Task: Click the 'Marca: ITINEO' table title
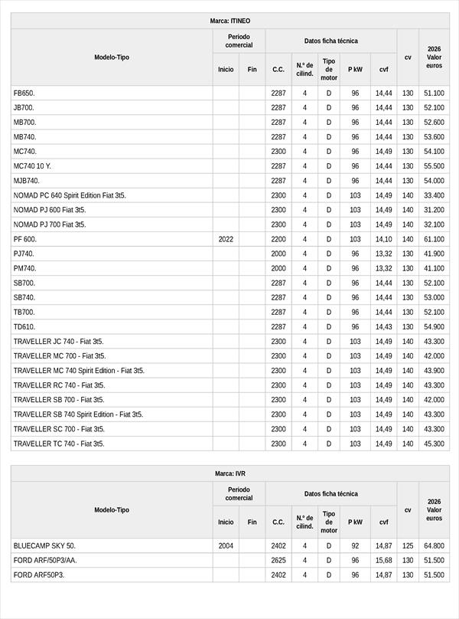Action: coord(229,21)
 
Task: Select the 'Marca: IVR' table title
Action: coord(229,473)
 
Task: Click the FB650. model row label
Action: coord(24,93)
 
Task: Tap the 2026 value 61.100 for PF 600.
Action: coord(434,239)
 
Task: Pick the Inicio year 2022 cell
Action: coord(226,239)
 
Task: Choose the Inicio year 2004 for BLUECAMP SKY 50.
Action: coord(226,545)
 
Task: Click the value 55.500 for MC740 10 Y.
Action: coord(434,166)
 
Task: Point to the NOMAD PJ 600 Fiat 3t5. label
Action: coord(50,210)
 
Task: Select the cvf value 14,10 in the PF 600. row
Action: coord(383,239)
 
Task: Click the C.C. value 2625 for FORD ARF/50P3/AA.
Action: coord(278,560)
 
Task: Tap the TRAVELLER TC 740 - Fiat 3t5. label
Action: coord(59,444)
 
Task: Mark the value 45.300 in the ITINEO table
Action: coord(434,444)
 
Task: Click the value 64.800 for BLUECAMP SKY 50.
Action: coord(434,545)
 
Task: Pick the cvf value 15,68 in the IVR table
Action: coord(383,560)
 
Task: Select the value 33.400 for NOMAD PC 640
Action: coord(434,195)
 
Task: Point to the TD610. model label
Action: coord(24,326)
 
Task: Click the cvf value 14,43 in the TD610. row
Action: coord(383,326)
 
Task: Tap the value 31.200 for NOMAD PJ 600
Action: coord(434,210)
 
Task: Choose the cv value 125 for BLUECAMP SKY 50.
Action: coord(408,545)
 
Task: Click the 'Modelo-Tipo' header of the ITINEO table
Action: coord(112,57)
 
